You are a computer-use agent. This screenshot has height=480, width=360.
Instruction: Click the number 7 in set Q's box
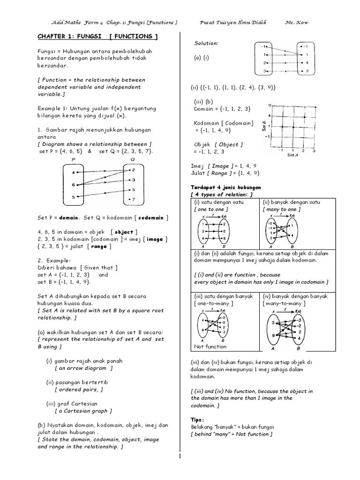pos(134,200)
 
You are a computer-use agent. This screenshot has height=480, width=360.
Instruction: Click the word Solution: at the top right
pos(206,43)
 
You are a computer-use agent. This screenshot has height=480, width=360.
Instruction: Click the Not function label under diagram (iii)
pos(210,346)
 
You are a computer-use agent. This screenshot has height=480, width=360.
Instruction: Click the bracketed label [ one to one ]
pos(210,209)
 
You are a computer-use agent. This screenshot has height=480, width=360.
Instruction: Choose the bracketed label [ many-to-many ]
pos(283,303)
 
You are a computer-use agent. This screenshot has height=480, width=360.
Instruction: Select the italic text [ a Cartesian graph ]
pos(83,411)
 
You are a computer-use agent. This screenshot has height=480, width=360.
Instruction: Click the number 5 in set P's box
pos(74,197)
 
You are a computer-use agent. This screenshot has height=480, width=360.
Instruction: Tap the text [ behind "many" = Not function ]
pos(230,434)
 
